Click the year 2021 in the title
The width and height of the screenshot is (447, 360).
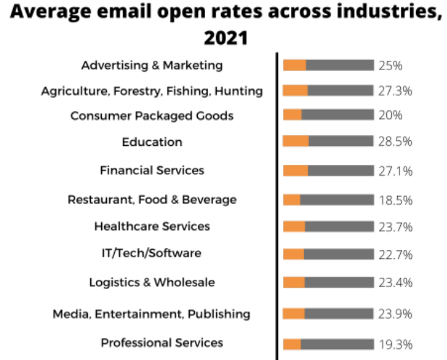tap(223, 36)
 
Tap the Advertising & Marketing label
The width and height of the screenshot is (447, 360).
tap(152, 65)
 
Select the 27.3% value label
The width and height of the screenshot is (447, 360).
tap(395, 90)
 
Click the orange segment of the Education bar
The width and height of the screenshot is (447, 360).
tap(296, 141)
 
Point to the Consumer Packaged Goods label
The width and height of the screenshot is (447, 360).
tap(152, 116)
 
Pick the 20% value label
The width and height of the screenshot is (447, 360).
tap(390, 116)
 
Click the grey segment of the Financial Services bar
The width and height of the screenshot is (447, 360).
tap(340, 171)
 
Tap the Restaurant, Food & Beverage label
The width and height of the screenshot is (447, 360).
tap(152, 199)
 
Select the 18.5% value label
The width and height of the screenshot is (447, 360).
tap(395, 200)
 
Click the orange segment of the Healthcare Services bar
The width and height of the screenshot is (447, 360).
tap(294, 226)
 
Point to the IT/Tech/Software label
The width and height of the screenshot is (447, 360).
tap(152, 253)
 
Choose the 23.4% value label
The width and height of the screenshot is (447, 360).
tap(395, 282)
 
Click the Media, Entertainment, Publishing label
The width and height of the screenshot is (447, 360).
tap(152, 314)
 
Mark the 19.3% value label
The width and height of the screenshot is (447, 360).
tap(395, 344)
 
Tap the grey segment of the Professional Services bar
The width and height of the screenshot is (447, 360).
tap(337, 344)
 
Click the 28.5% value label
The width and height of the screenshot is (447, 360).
tap(395, 141)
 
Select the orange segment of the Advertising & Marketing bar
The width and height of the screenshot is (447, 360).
tap(295, 65)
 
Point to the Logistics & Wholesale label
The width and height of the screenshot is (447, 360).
tap(152, 282)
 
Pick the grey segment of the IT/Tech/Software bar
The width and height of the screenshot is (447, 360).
tap(338, 254)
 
